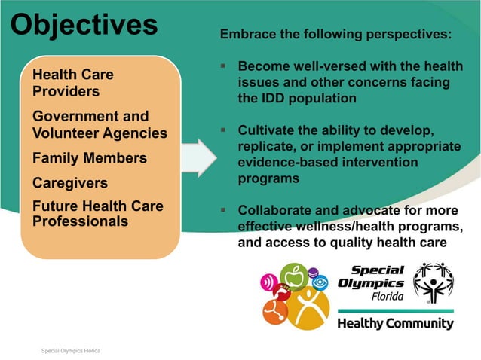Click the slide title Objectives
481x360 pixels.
click(x=84, y=24)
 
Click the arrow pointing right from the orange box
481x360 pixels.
click(x=198, y=157)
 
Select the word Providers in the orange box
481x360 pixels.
click(x=66, y=92)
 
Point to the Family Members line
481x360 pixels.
click(x=89, y=159)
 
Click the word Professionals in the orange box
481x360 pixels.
click(x=80, y=221)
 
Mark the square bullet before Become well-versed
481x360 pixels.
click(x=224, y=66)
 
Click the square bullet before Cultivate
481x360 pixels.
click(x=224, y=130)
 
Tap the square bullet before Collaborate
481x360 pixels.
click(x=224, y=210)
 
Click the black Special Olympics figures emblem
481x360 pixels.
click(x=433, y=282)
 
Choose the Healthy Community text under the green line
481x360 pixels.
click(x=395, y=324)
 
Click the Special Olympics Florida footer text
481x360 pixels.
click(x=71, y=351)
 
